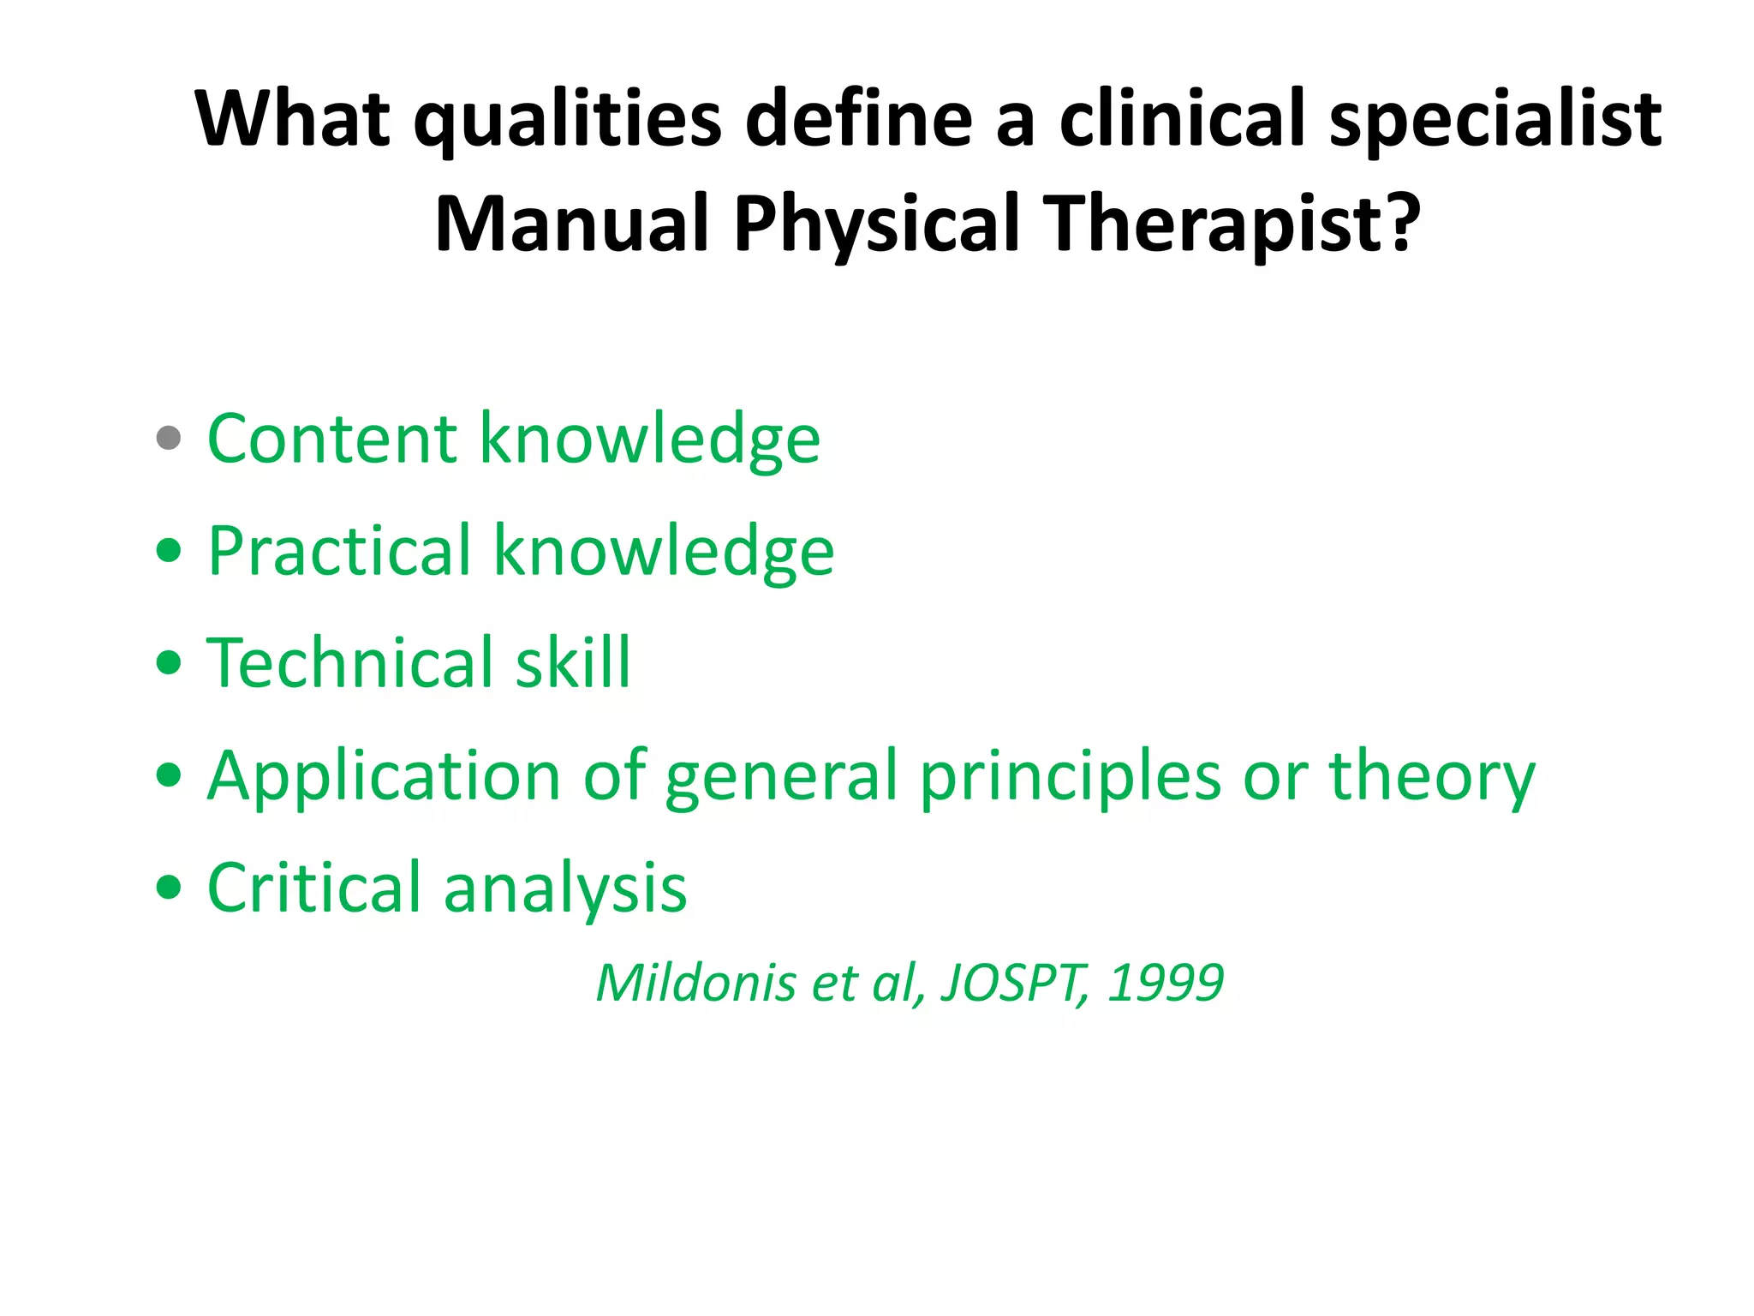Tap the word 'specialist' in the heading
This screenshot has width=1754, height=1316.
tap(1494, 120)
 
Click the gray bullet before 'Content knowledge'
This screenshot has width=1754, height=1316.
tap(169, 438)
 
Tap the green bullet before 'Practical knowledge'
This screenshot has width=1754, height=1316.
tap(169, 550)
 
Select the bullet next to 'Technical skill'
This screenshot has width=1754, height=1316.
tap(169, 662)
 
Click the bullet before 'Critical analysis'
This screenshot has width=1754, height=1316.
tap(169, 887)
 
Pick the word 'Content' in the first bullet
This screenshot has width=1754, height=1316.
tap(332, 439)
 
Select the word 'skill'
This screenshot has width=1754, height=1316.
tap(572, 663)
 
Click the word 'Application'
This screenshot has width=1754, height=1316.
tap(384, 776)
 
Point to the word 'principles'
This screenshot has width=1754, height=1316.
tap(1071, 776)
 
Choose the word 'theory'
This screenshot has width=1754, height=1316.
tap(1432, 776)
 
